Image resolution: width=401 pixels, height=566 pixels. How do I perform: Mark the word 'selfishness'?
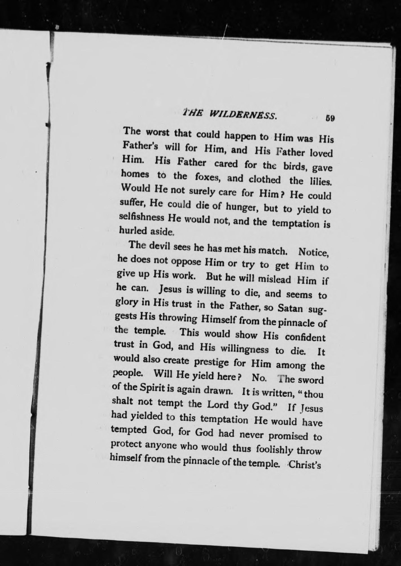tap(142, 218)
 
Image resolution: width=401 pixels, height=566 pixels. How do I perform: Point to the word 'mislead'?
tap(275, 279)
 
